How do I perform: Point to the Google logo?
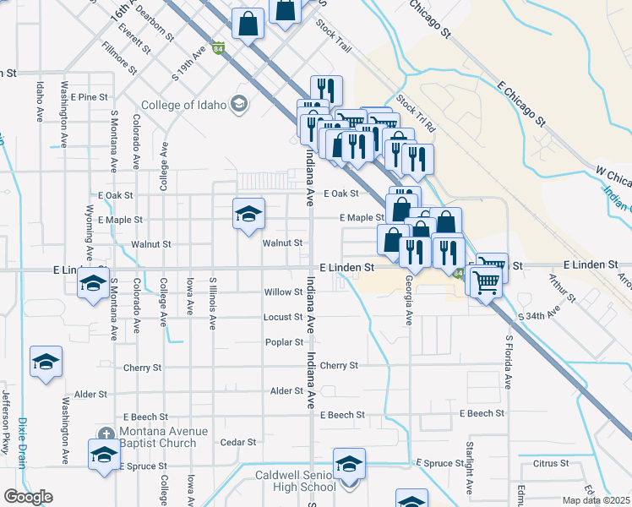[x=28, y=497]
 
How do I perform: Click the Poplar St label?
[x=284, y=342]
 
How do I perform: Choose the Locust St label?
[x=282, y=317]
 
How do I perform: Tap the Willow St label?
[x=283, y=292]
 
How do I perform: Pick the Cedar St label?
[x=237, y=442]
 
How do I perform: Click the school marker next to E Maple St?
[x=248, y=213]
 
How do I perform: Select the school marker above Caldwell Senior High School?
[x=348, y=463]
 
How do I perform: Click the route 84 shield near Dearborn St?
[x=219, y=49]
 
